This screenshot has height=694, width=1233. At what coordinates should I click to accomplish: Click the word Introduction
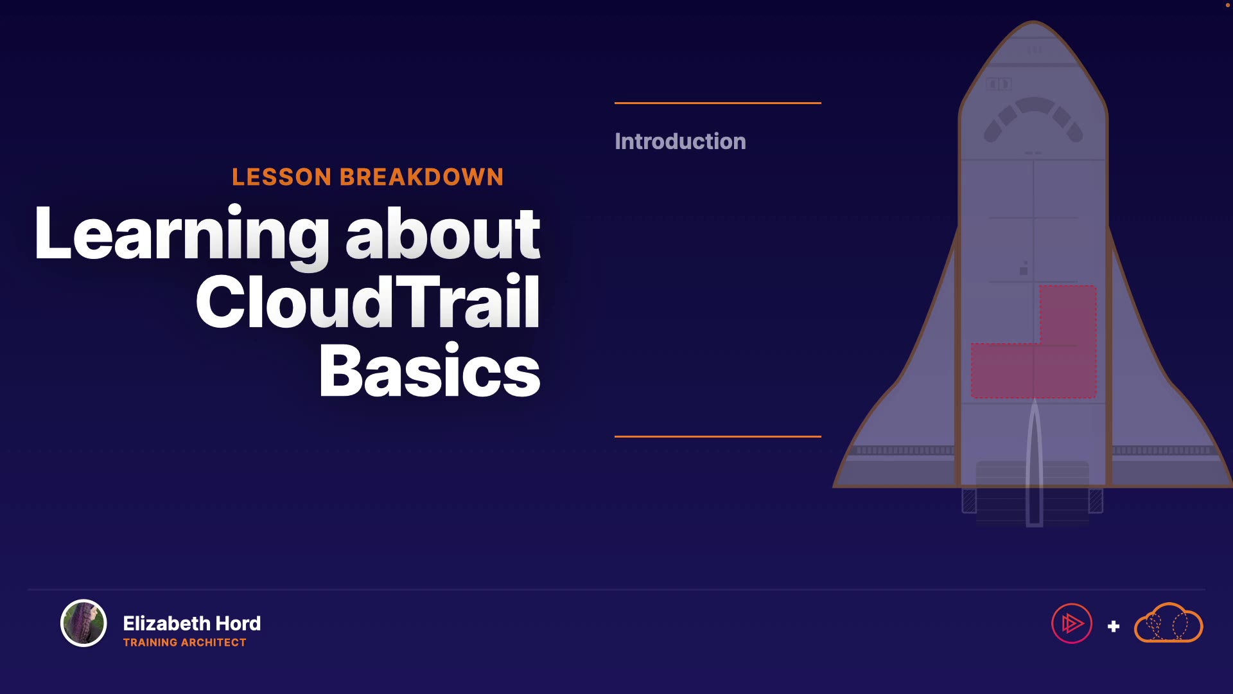(x=680, y=141)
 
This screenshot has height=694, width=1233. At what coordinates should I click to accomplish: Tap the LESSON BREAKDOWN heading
(x=368, y=177)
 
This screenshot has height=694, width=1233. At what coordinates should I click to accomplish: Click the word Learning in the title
(x=182, y=235)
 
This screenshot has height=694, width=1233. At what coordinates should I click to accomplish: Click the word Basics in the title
(x=430, y=371)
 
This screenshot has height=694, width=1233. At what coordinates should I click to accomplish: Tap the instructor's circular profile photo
(x=83, y=623)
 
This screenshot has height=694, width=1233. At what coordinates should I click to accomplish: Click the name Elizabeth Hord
(x=192, y=623)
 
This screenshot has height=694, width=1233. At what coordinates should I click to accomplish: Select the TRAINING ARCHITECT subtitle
(x=185, y=643)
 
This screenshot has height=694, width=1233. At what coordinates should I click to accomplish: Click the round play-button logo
(x=1072, y=623)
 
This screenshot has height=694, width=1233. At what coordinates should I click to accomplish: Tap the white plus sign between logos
(x=1114, y=627)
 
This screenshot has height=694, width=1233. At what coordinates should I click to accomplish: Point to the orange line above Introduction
(x=718, y=103)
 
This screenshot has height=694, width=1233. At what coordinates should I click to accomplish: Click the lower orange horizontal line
(x=718, y=436)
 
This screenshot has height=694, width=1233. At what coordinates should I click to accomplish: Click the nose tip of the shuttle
(x=1034, y=22)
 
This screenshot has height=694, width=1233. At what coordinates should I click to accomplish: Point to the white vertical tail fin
(x=1034, y=463)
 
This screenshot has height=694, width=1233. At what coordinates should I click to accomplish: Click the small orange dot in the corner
(x=1228, y=4)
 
